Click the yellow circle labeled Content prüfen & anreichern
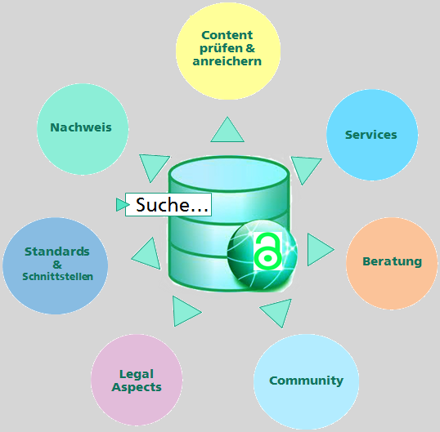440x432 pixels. coord(228,51)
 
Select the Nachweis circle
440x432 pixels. coord(83,129)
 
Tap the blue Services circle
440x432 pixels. coord(372,135)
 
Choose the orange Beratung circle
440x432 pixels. coord(392,263)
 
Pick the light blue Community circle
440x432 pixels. coord(306,381)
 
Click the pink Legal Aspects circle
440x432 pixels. coord(137,380)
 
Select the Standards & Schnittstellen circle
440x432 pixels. coord(56,265)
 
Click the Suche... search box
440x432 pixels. coord(168,204)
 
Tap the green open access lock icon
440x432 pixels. coord(267,251)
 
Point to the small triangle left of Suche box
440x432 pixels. coord(122,204)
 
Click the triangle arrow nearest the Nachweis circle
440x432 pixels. coord(154,166)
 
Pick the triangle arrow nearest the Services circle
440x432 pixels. coord(305,168)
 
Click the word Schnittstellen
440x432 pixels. coord(57,277)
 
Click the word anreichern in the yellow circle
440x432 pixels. coord(227,61)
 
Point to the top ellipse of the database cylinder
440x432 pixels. coord(229,174)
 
